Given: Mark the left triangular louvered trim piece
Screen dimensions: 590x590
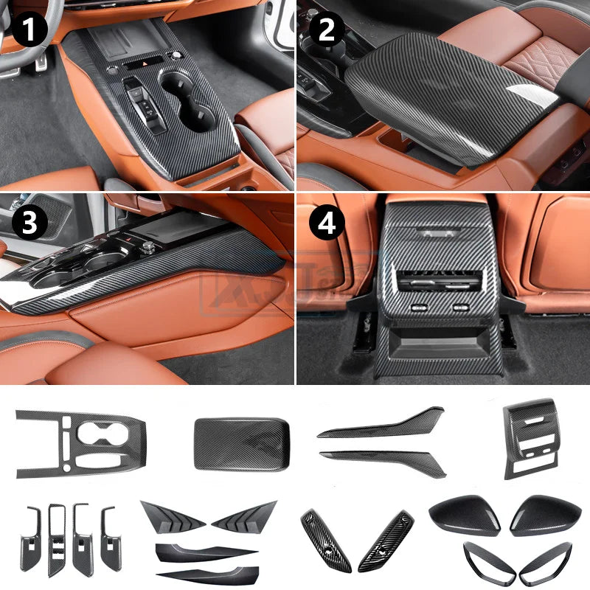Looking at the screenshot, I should point(173,513).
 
